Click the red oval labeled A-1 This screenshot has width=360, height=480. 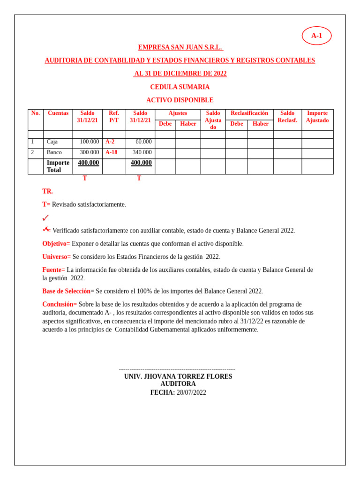[316, 36]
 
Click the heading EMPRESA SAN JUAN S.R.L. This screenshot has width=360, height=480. [180, 47]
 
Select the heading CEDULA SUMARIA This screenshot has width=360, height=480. [180, 87]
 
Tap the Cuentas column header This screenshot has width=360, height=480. [58, 113]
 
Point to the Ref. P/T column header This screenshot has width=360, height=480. [114, 117]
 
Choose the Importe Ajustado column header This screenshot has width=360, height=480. [317, 117]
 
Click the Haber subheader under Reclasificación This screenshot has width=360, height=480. [260, 124]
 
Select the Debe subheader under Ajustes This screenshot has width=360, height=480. [165, 124]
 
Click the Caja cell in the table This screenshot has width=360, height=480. [52, 142]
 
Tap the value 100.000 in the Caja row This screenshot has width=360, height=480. [89, 142]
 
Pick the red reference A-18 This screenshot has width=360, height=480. [112, 152]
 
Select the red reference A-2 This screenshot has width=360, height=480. [110, 142]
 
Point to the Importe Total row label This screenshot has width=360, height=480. [58, 166]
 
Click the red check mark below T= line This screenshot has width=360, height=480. [45, 218]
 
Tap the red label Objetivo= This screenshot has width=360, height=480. [56, 244]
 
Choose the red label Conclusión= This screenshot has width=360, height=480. [60, 304]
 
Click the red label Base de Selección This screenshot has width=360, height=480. [67, 291]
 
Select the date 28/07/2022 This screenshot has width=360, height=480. [191, 393]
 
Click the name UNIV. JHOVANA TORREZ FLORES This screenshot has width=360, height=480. [178, 376]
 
